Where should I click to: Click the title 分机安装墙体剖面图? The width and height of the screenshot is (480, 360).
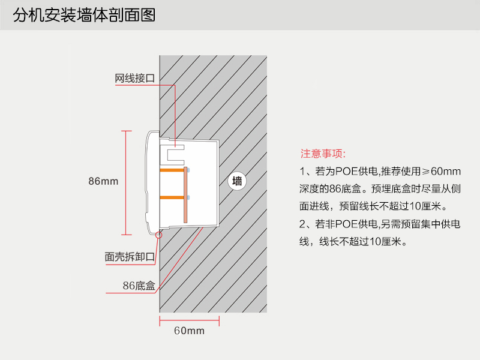84,15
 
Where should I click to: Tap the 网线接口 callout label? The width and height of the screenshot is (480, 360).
135,79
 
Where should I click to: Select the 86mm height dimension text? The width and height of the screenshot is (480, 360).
103,181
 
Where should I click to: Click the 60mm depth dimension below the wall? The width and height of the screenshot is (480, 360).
189,331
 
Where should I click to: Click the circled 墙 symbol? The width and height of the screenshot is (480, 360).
238,181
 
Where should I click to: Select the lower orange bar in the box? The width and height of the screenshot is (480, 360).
172,197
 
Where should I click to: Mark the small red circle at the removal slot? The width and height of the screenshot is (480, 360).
158,235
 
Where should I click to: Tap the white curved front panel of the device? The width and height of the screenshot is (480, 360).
149,180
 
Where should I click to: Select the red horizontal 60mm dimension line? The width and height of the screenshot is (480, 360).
189,319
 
